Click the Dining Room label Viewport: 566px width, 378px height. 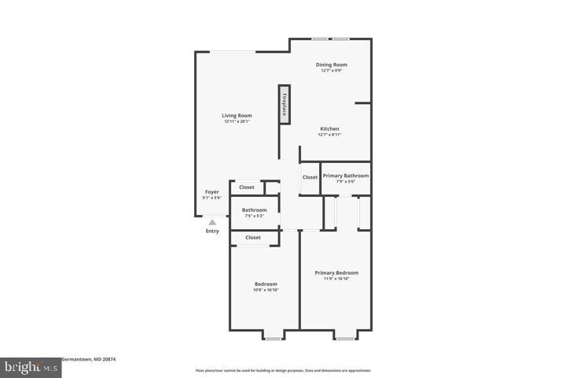[331, 65]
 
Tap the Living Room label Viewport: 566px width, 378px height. [237, 116]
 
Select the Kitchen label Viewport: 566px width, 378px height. [329, 128]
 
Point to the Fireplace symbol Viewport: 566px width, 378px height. [284, 104]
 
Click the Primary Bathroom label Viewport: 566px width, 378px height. [345, 176]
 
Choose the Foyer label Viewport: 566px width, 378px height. [212, 191]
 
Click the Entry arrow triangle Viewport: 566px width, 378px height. [212, 223]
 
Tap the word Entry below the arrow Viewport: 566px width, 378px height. [212, 231]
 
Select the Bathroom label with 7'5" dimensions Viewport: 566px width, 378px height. [254, 210]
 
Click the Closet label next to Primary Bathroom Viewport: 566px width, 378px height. [310, 177]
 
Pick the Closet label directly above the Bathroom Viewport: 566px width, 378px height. [247, 187]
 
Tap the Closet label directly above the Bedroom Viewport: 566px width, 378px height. [253, 237]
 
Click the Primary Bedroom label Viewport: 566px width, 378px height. [336, 273]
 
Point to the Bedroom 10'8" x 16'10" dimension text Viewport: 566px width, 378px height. [266, 290]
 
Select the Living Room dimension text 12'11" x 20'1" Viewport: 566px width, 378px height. [237, 122]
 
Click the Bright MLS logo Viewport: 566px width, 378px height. [20, 367]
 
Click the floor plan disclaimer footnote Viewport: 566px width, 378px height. [283, 370]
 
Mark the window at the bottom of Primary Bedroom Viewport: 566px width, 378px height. [344, 339]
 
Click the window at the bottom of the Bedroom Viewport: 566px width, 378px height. [273, 339]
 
